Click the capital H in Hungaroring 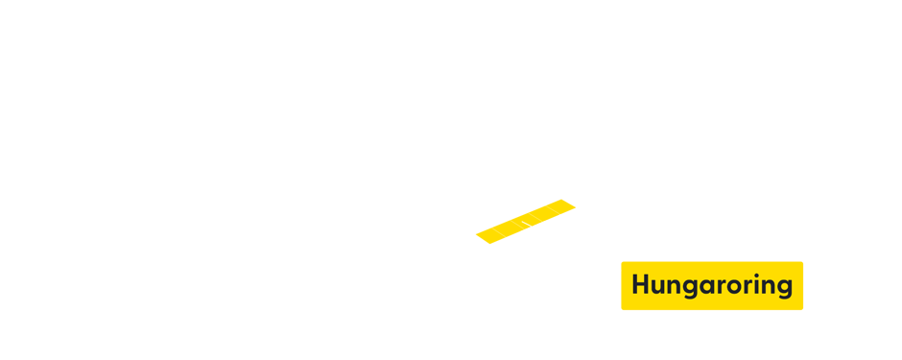[641, 285]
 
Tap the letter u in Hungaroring [660, 287]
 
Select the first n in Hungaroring [676, 287]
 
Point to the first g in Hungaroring [692, 289]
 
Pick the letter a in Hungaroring [708, 287]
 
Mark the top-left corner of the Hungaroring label [622, 262]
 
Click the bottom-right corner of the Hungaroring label [802, 309]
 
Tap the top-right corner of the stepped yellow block [576, 200]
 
